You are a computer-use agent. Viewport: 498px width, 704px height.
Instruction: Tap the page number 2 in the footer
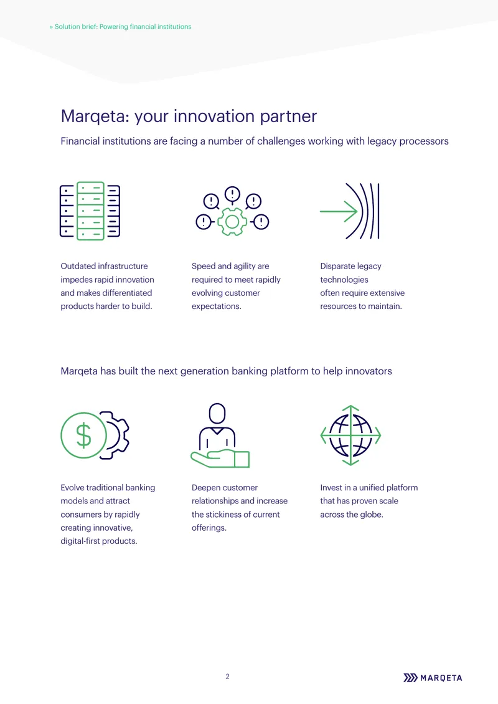coord(227,677)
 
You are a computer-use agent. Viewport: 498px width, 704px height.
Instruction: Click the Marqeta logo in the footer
coord(433,678)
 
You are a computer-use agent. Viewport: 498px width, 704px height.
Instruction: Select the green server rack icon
coord(91,211)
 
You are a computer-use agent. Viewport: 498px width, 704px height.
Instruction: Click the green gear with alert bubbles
coord(232,222)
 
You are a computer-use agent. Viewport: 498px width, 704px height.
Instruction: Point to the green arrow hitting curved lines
coord(339,211)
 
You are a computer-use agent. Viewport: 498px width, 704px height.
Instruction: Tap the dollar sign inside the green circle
coord(83,435)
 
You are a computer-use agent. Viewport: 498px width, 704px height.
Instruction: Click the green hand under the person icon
coord(220,459)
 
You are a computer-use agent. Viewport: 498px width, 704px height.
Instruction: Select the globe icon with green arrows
coord(350,435)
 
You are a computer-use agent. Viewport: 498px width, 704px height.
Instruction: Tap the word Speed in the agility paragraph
coord(202,267)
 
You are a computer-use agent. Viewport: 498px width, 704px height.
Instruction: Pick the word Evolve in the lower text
coord(72,488)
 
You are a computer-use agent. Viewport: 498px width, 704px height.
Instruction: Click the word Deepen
coord(207,488)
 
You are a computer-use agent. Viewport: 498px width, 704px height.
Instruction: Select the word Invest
coord(331,488)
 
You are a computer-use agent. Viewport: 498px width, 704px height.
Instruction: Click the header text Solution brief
coord(76,27)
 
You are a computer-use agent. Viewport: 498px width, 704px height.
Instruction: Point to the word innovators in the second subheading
coord(369,371)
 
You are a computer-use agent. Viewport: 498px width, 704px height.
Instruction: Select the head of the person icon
coord(217,413)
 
